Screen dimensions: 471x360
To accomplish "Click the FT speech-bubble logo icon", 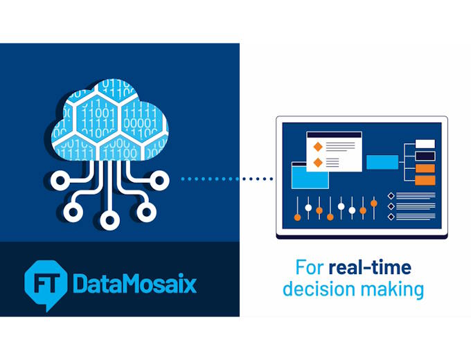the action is (45, 284).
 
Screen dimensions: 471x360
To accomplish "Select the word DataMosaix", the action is (134, 283).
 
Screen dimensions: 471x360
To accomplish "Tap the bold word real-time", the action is (370, 267).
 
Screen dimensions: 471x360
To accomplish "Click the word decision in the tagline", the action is (319, 289).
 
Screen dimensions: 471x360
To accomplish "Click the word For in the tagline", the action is (310, 267).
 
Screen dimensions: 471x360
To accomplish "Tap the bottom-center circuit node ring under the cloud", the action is (110, 220).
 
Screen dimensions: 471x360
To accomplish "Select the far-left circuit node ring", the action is (60, 181).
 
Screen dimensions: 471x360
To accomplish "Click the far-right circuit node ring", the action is (159, 181).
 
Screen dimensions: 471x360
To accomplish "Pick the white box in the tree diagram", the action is (425, 144).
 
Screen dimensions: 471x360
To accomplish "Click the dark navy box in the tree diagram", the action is (425, 156).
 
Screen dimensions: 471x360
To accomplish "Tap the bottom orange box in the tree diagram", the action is (425, 181).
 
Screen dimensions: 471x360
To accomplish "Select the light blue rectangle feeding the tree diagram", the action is (382, 162).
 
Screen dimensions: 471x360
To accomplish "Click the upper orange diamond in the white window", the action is (318, 147).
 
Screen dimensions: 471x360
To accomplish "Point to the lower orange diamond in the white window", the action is (318, 163).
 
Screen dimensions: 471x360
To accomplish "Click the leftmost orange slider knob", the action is (297, 217).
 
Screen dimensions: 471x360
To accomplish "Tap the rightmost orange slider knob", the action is (373, 204).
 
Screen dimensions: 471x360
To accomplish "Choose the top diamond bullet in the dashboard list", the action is (391, 196).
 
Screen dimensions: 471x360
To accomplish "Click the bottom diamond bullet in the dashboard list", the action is (391, 217).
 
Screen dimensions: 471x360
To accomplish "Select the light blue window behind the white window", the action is (310, 175).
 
